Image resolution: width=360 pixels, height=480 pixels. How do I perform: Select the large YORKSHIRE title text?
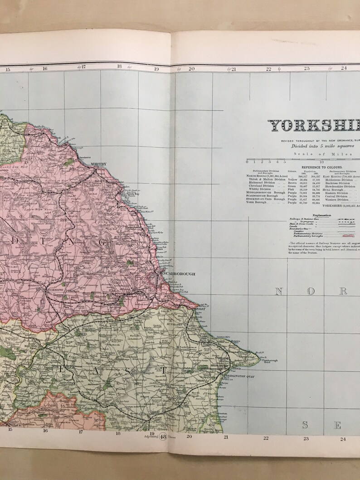tap(313, 126)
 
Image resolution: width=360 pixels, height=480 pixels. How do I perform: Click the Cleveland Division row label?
tap(261, 186)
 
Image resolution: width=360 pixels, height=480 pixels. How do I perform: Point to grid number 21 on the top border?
tap(234, 69)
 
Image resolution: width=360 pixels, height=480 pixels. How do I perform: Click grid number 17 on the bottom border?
tap(81, 432)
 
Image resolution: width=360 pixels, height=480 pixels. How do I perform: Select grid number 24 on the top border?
tap(344, 68)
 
